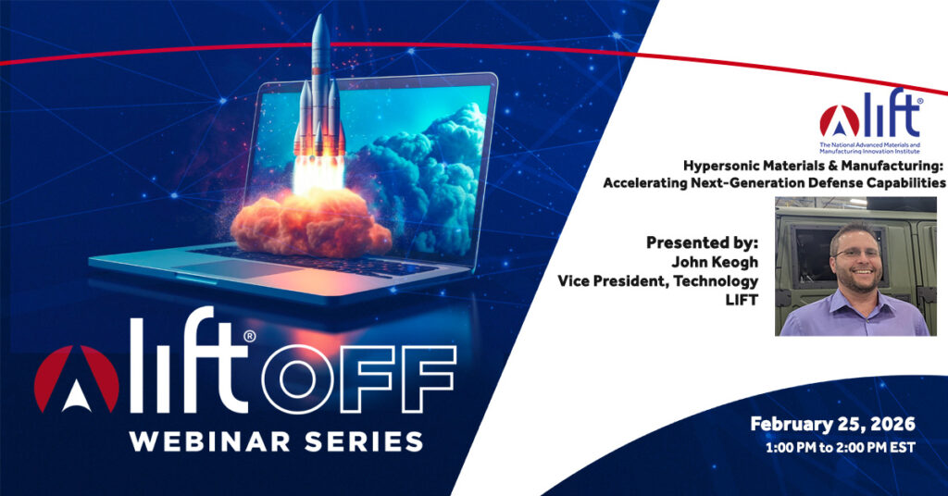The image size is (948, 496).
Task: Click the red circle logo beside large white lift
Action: pos(76,379)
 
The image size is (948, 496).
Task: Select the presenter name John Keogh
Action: pos(714,262)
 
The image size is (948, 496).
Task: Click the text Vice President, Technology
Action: pos(658,281)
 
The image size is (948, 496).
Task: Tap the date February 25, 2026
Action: pos(832,424)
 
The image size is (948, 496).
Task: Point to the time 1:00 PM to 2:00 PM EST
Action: pos(841,448)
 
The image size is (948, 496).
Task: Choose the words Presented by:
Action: pos(702,242)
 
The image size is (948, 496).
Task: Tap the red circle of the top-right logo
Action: pos(839,121)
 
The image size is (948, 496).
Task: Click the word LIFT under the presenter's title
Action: pos(742,300)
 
